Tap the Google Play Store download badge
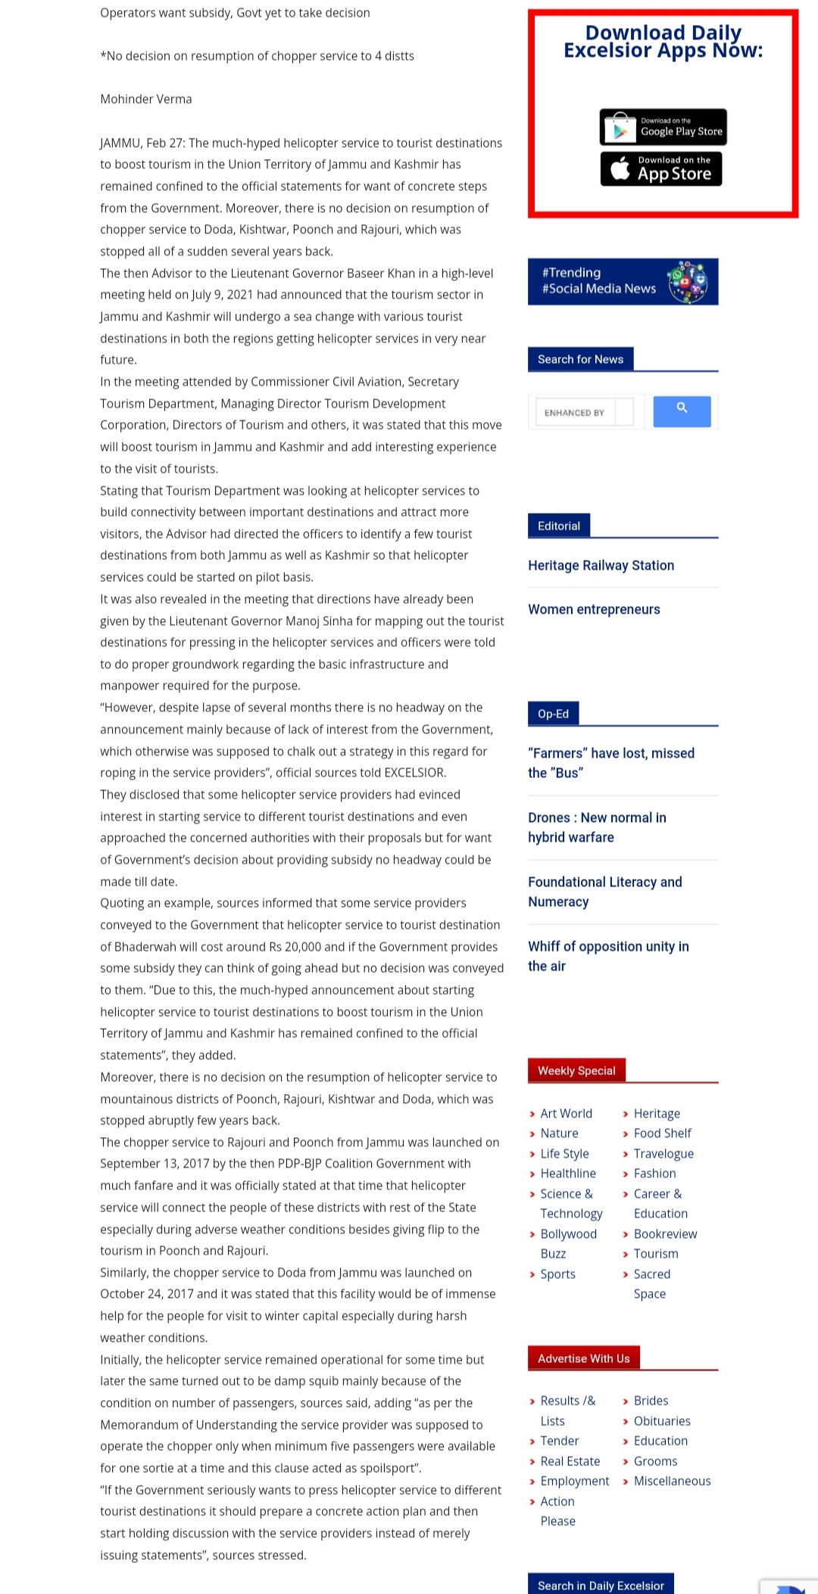point(663,127)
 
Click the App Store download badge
point(661,168)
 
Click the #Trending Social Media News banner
point(623,281)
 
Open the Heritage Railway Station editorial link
point(601,565)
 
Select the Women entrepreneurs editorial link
point(594,609)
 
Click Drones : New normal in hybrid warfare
point(597,827)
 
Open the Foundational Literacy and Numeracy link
point(604,892)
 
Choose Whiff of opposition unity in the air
point(608,956)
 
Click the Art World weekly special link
point(566,1114)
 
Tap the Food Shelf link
point(662,1133)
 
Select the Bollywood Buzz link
point(568,1243)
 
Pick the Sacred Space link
point(651,1283)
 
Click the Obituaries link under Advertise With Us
point(661,1421)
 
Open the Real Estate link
point(570,1461)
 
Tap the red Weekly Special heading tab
point(576,1070)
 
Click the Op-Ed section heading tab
point(553,714)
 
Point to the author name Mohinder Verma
point(146,99)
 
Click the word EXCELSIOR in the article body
point(414,773)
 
